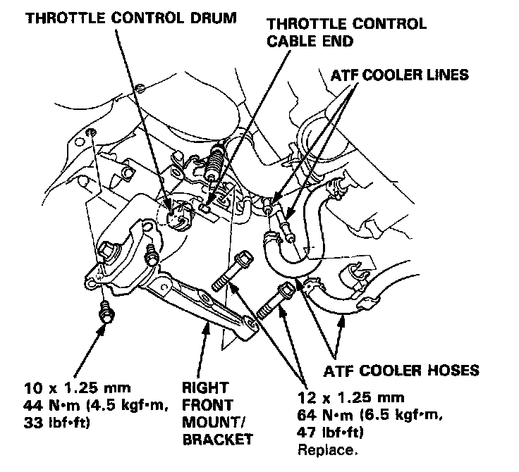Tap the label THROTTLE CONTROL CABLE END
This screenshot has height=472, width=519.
pyautogui.click(x=345, y=33)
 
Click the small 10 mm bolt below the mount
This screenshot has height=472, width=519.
pyautogui.click(x=105, y=311)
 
